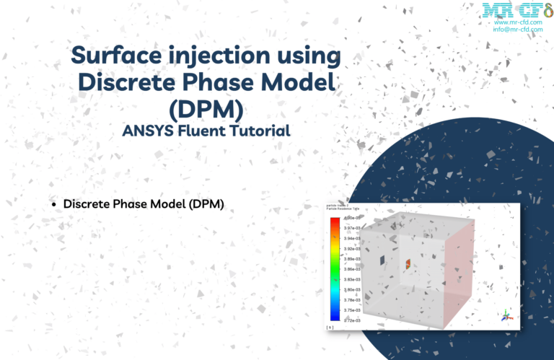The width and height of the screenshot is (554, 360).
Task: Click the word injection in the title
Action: pos(236,56)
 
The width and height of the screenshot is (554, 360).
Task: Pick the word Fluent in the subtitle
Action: pos(205,131)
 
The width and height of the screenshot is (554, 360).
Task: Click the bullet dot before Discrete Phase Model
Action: pos(54,205)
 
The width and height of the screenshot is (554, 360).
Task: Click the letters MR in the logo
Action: pos(497,9)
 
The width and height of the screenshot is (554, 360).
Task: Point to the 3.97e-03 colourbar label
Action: pos(351,228)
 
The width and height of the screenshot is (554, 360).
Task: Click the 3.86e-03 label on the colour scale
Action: pos(351,268)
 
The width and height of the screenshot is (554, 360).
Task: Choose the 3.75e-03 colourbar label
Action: pos(351,309)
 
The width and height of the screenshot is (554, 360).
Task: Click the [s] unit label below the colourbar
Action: pos(330,326)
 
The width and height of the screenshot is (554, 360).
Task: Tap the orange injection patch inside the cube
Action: pos(408,264)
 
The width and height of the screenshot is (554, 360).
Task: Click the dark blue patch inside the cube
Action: pos(382,259)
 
